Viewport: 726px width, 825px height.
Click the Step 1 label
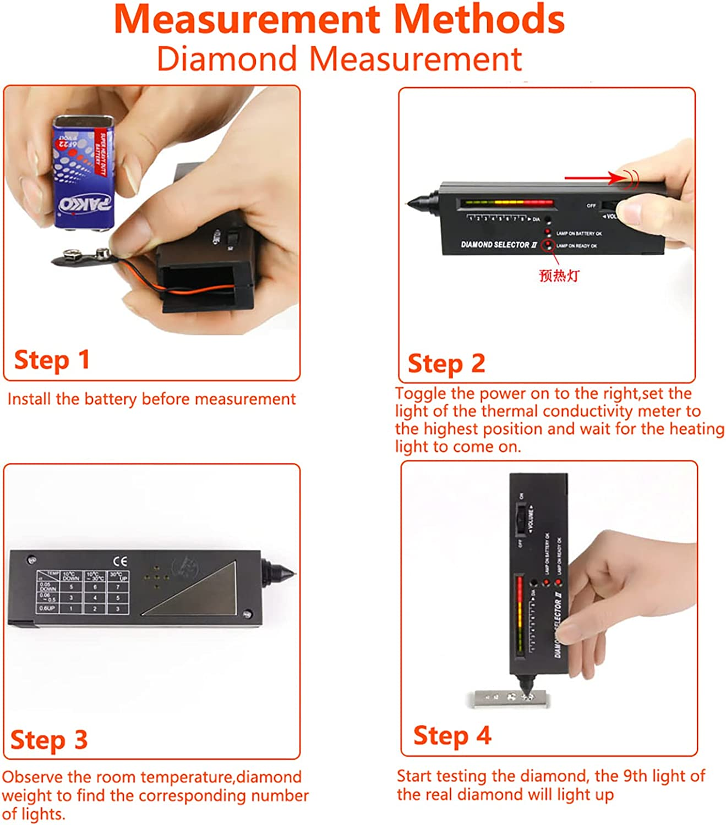pyautogui.click(x=52, y=360)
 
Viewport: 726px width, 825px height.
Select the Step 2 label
pyautogui.click(x=446, y=364)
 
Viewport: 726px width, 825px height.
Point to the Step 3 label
pyautogui.click(x=49, y=740)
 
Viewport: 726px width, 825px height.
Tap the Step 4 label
pyautogui.click(x=452, y=736)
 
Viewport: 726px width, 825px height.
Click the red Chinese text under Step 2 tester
pyautogui.click(x=559, y=275)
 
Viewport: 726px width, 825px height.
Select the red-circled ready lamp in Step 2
pyautogui.click(x=548, y=245)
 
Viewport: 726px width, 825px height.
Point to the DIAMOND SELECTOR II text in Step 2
pyautogui.click(x=498, y=245)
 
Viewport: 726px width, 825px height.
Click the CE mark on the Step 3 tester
pyautogui.click(x=119, y=561)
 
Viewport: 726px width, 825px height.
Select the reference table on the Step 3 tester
pyautogui.click(x=83, y=592)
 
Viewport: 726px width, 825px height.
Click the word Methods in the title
pyautogui.click(x=479, y=19)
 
